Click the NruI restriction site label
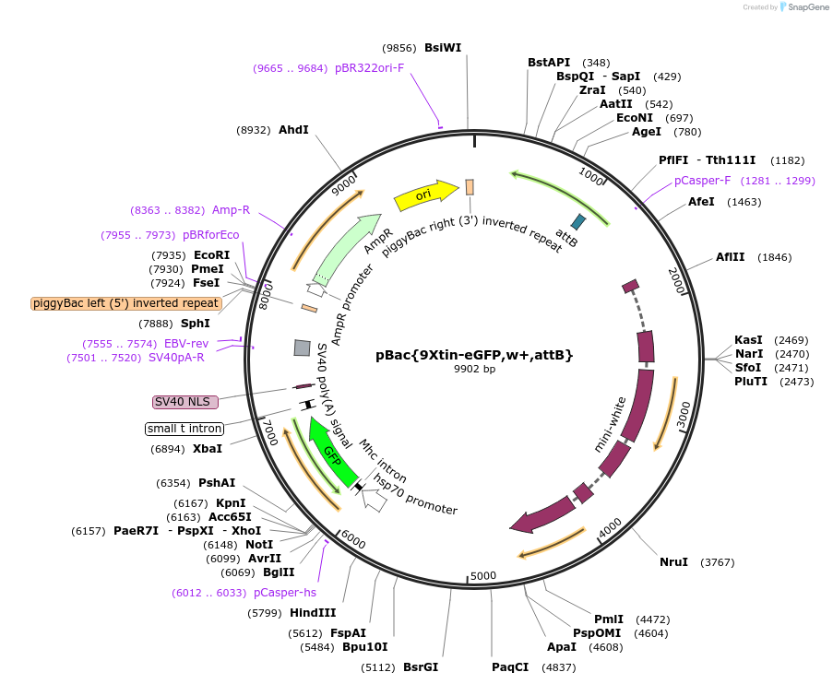tap(673, 561)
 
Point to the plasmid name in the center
tap(474, 354)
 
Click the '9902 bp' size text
tap(474, 370)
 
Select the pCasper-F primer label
tap(702, 181)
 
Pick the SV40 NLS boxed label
tap(185, 402)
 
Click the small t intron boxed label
tap(184, 429)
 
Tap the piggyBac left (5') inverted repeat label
tap(126, 303)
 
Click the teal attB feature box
tap(578, 221)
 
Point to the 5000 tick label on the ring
tap(483, 577)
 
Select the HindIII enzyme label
tap(313, 612)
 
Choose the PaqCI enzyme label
tap(510, 666)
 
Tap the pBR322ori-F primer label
tap(369, 67)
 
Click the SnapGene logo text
tap(806, 7)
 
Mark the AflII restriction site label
tap(730, 257)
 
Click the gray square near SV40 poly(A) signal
tap(302, 348)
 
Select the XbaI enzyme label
tap(208, 449)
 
